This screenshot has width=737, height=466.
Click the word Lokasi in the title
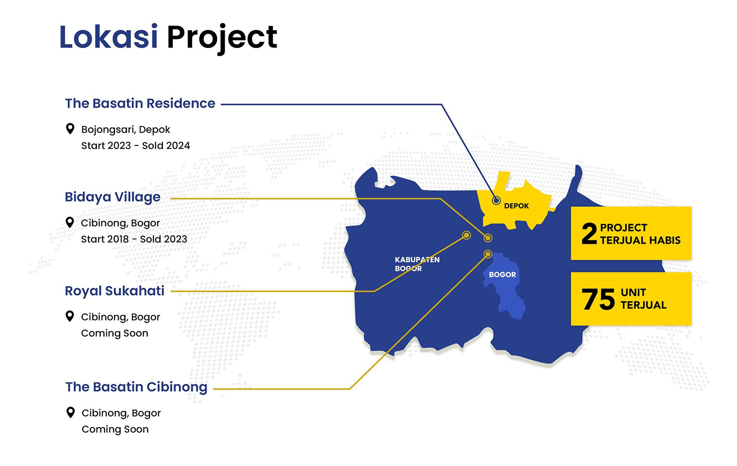tap(108, 37)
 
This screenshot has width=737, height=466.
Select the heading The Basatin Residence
tap(140, 103)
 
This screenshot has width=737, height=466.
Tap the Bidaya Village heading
tap(113, 197)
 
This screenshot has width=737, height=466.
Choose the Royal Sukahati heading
tap(114, 291)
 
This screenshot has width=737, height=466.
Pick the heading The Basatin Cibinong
tap(136, 387)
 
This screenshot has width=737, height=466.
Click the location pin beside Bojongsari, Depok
tap(70, 129)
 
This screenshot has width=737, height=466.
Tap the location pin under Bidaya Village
tap(70, 222)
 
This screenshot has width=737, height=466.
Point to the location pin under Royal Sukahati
tap(70, 316)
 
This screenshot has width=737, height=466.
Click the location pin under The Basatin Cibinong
tap(71, 412)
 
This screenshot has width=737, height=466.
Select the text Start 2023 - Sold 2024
tap(136, 145)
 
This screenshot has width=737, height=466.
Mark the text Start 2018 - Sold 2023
tap(134, 239)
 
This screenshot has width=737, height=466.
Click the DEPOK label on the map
tap(516, 206)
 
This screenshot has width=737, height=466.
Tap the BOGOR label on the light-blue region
tap(502, 275)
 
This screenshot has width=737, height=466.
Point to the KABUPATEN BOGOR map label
tap(417, 264)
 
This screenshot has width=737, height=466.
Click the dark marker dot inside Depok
tap(496, 200)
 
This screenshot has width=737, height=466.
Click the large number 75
tap(598, 299)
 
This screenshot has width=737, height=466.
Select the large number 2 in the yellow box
tap(589, 234)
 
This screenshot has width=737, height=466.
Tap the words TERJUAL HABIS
tap(640, 240)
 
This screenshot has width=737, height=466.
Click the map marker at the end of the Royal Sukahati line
tap(466, 235)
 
